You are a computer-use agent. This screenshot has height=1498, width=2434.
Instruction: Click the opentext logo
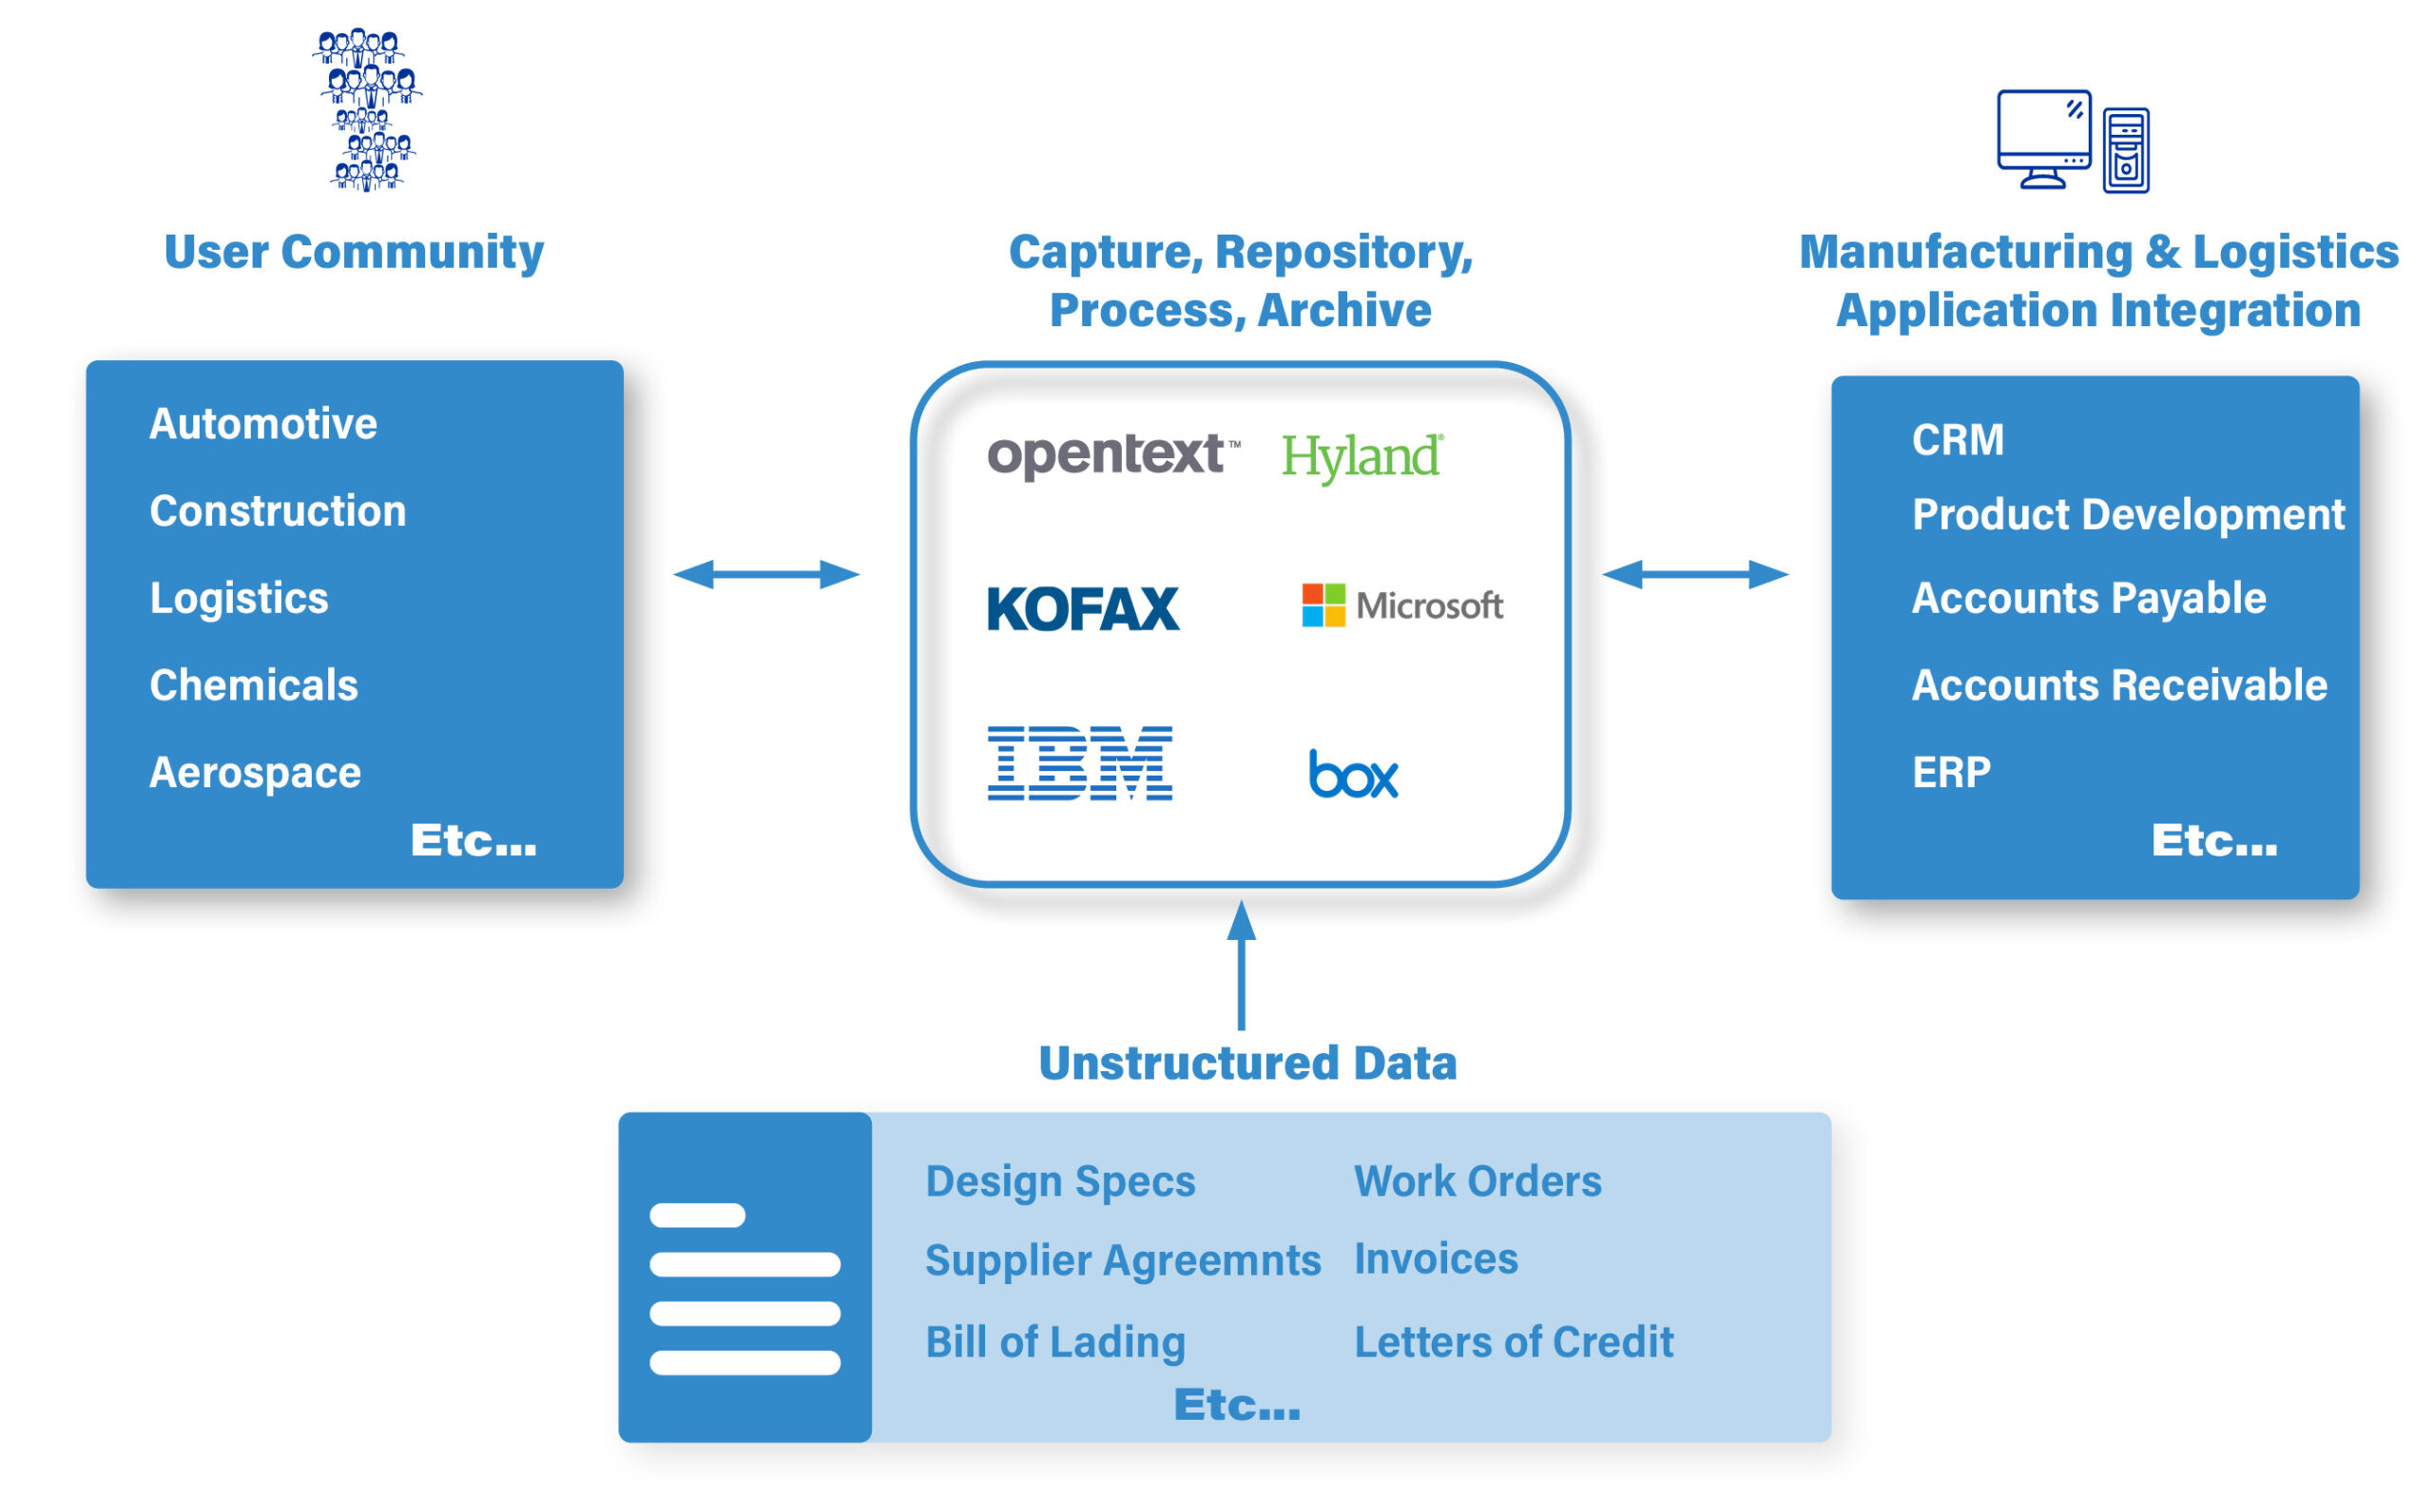coord(1113,457)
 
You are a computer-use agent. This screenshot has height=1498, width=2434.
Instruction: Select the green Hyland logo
coord(1362,458)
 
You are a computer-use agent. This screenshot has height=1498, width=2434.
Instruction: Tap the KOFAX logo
coord(1083,608)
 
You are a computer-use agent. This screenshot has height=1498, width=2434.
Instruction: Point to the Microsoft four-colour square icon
coord(1323,605)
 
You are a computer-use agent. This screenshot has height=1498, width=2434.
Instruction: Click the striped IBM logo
coord(1080,762)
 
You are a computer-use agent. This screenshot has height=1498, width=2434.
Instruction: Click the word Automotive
coord(263,424)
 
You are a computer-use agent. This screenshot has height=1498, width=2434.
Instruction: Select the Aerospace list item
coord(256,773)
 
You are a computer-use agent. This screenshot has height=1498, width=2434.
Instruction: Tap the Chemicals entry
coord(254,684)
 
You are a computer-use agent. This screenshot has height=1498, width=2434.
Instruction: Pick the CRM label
coord(1958,440)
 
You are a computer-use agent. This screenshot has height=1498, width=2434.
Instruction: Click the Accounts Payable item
coord(2089,599)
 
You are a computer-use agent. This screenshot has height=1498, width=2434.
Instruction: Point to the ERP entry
coord(1951,773)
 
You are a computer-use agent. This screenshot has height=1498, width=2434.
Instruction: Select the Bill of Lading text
coord(1055,1342)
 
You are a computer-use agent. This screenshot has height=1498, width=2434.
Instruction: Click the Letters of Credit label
coord(1515,1342)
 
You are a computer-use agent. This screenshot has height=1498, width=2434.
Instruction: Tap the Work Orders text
coord(1478,1181)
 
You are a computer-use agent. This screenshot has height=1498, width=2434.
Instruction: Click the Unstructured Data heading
coord(1247,1063)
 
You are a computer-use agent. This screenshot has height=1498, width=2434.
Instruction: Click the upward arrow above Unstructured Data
coord(1242,965)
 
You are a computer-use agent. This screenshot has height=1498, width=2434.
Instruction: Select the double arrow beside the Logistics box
coord(766,575)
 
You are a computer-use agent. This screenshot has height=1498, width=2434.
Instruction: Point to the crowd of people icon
coord(368,109)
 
